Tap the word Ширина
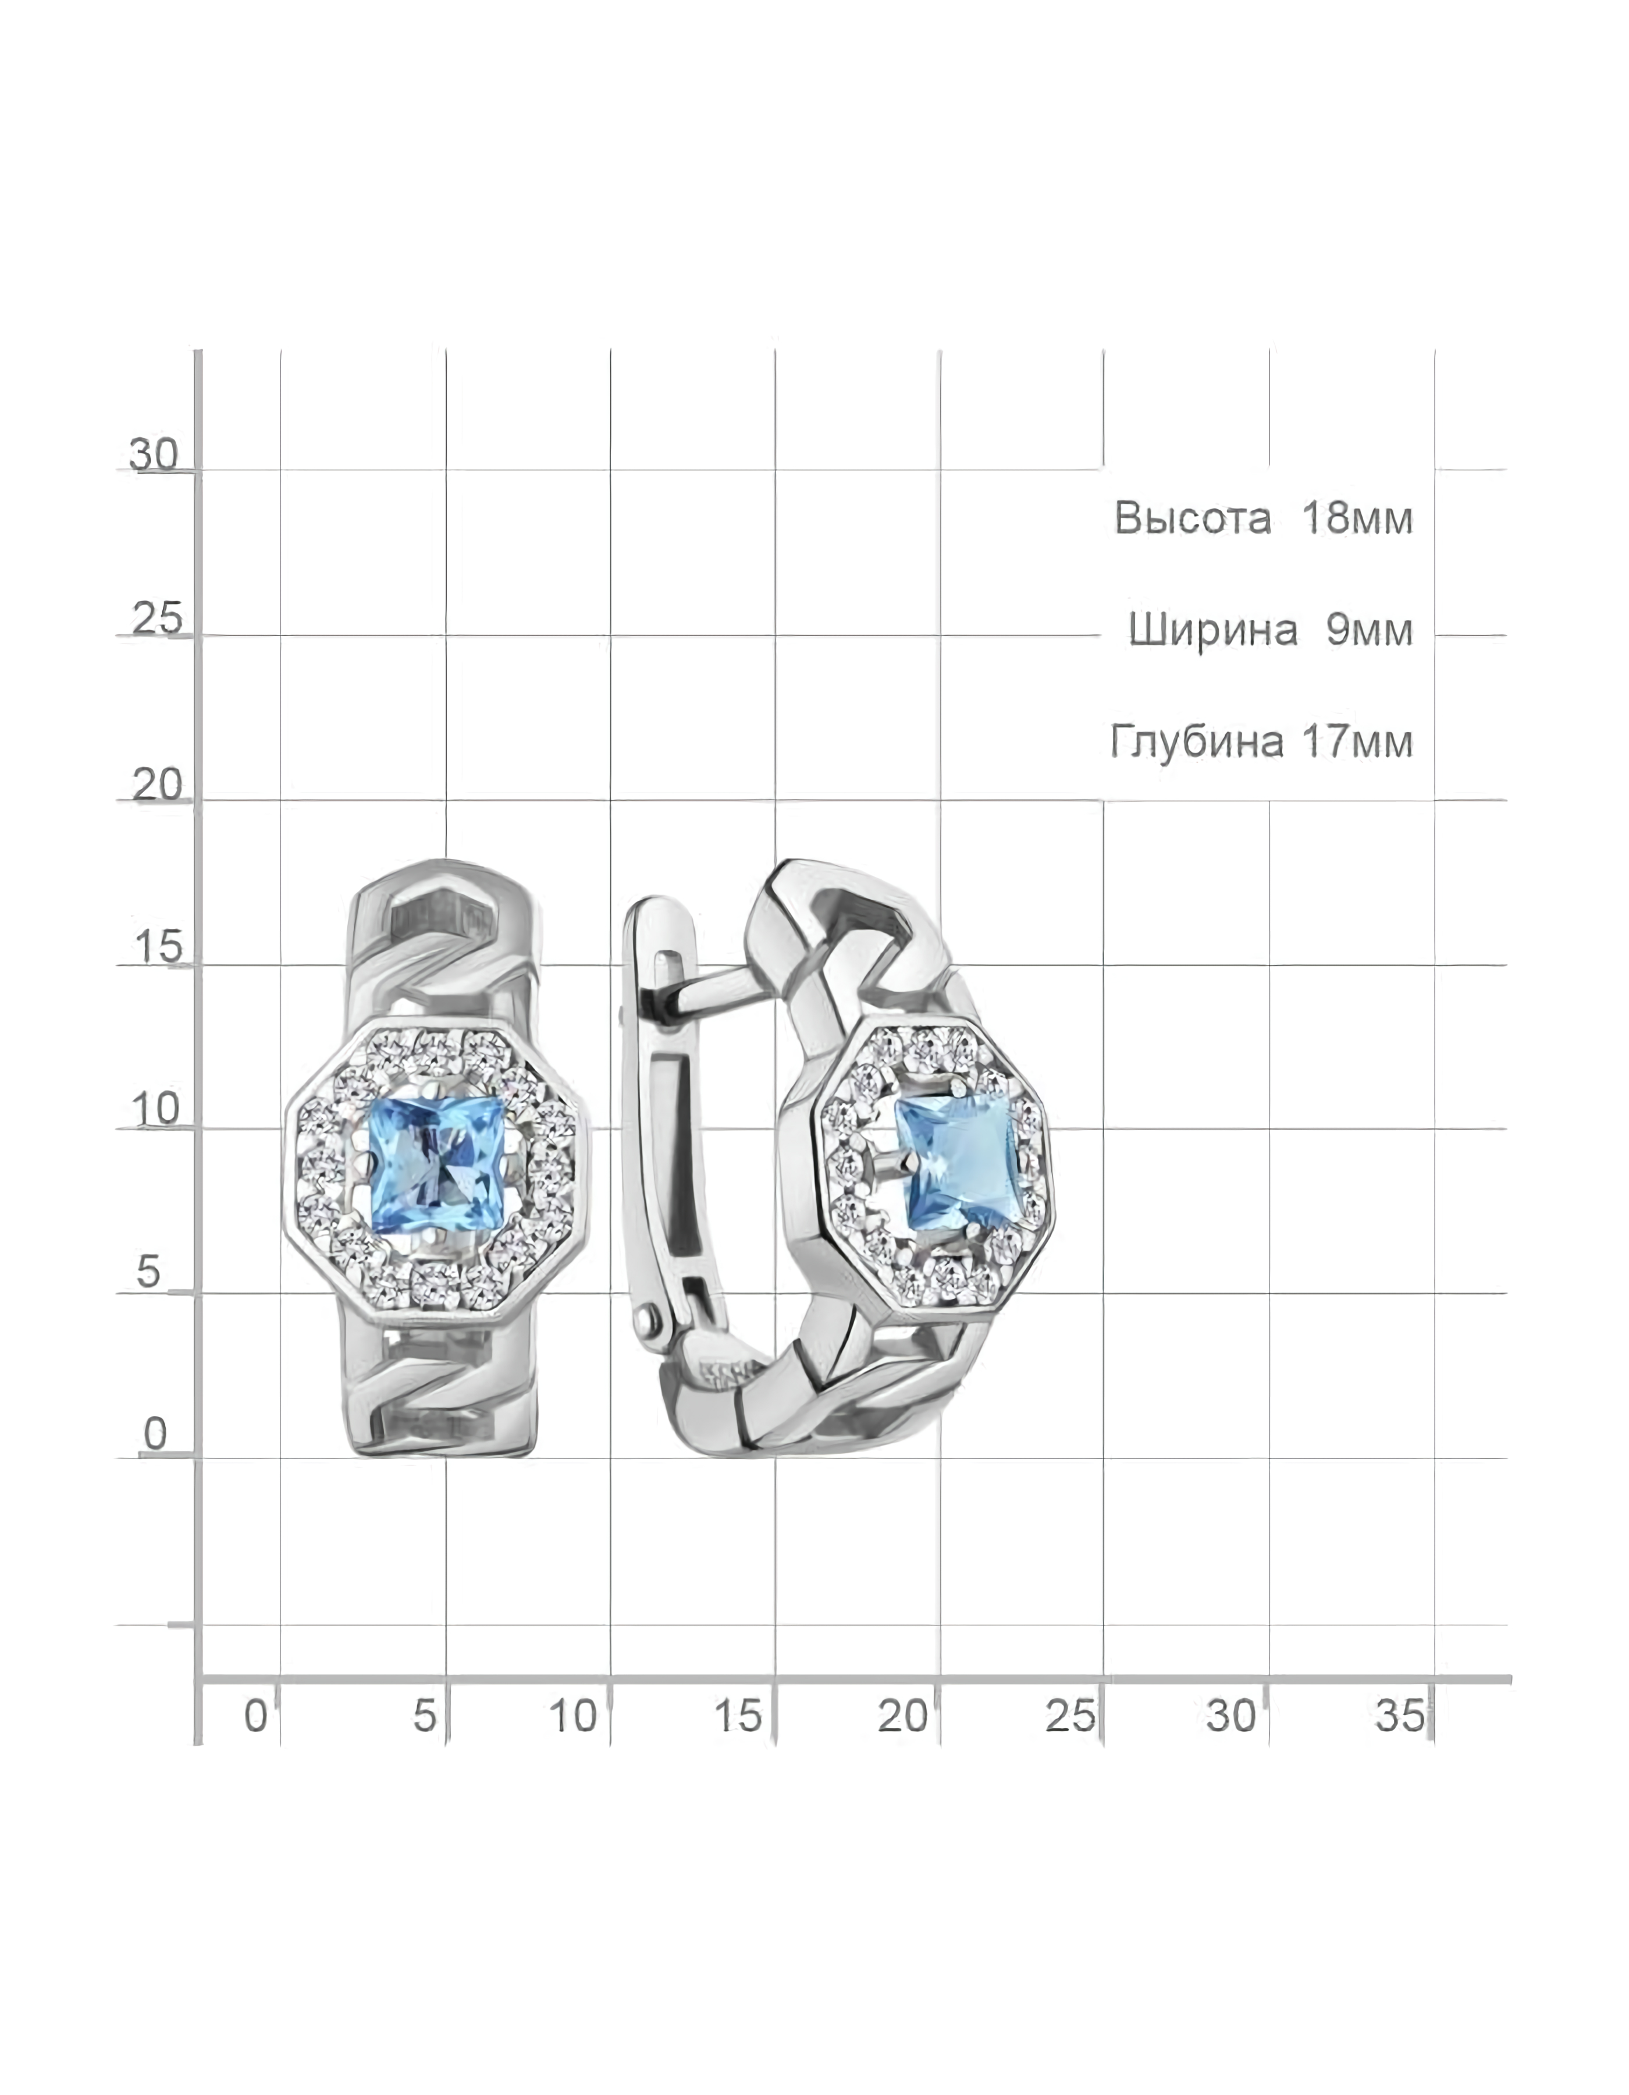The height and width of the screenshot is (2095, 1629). tap(1213, 630)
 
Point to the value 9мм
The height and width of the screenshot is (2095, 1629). tap(1370, 630)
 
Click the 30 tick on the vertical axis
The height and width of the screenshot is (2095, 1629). tap(154, 454)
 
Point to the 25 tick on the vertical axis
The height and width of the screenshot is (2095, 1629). tap(157, 620)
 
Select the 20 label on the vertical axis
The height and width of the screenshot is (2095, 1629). tap(157, 784)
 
